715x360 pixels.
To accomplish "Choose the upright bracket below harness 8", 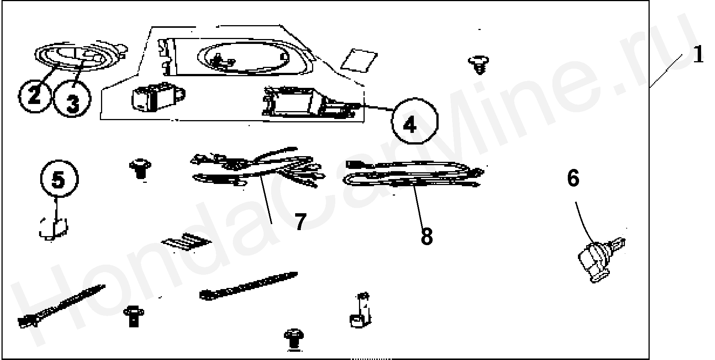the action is click(x=361, y=310).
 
